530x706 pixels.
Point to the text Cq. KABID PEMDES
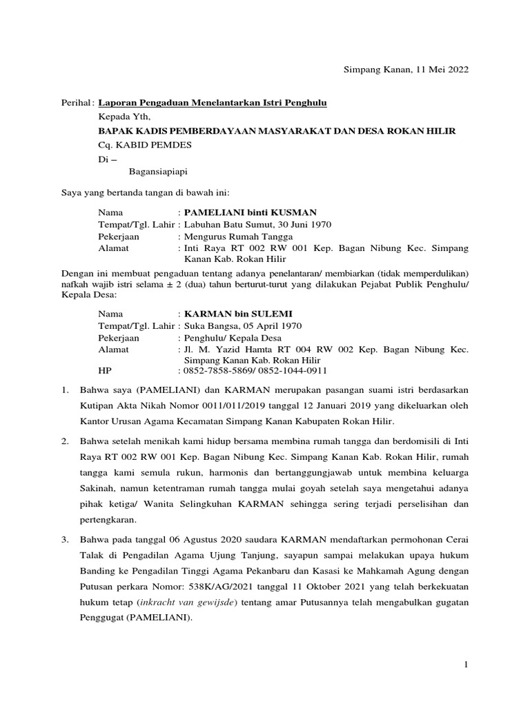[145, 144]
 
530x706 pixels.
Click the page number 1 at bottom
[466, 663]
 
